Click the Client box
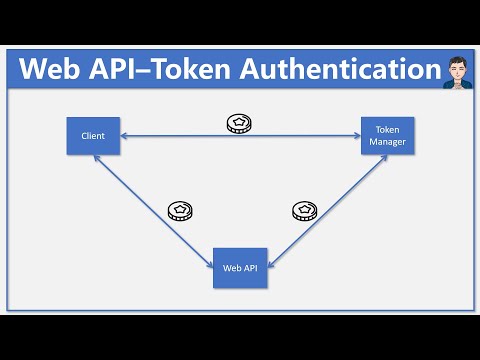[x=93, y=135]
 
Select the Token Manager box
[x=386, y=135]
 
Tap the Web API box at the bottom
[x=240, y=268]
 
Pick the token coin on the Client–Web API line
[x=179, y=210]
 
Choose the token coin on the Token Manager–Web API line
[x=304, y=210]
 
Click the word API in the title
[x=128, y=70]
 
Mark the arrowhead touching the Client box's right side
[x=124, y=135]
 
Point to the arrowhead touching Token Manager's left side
[x=356, y=135]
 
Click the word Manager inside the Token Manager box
[x=386, y=141]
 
